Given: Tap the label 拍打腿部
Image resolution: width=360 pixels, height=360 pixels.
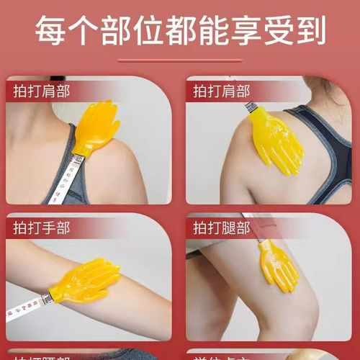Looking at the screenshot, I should pyautogui.click(x=221, y=228).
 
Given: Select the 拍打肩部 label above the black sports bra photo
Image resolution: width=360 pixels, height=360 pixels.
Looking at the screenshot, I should pyautogui.click(x=221, y=91).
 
